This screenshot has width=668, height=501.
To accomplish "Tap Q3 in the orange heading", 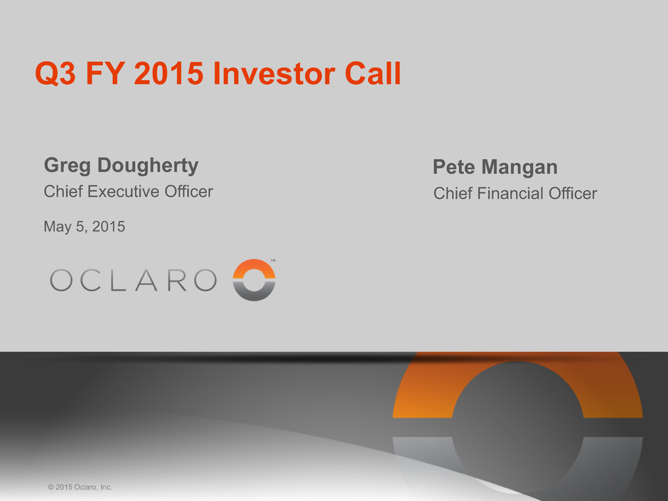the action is [x=55, y=74].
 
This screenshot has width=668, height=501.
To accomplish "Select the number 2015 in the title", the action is [x=168, y=73].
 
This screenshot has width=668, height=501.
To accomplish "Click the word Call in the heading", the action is [x=373, y=73].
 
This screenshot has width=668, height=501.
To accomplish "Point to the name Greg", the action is [x=67, y=166].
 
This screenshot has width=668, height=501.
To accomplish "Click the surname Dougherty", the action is [x=148, y=166].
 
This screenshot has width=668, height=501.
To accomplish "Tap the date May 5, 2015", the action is [x=85, y=227].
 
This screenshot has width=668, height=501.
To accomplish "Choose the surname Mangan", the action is [x=519, y=168].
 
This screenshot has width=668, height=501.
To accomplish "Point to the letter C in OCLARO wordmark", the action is [x=90, y=280].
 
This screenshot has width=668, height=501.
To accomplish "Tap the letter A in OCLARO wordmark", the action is [x=146, y=280].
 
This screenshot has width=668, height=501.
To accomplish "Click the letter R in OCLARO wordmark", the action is [x=177, y=280].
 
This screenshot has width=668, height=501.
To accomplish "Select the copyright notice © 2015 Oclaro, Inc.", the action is [x=80, y=487].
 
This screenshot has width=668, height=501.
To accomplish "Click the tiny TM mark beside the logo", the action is [x=273, y=260].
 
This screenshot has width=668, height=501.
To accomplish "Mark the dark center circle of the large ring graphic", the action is [x=517, y=426].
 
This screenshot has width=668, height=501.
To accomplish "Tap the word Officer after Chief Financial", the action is [x=573, y=193].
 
